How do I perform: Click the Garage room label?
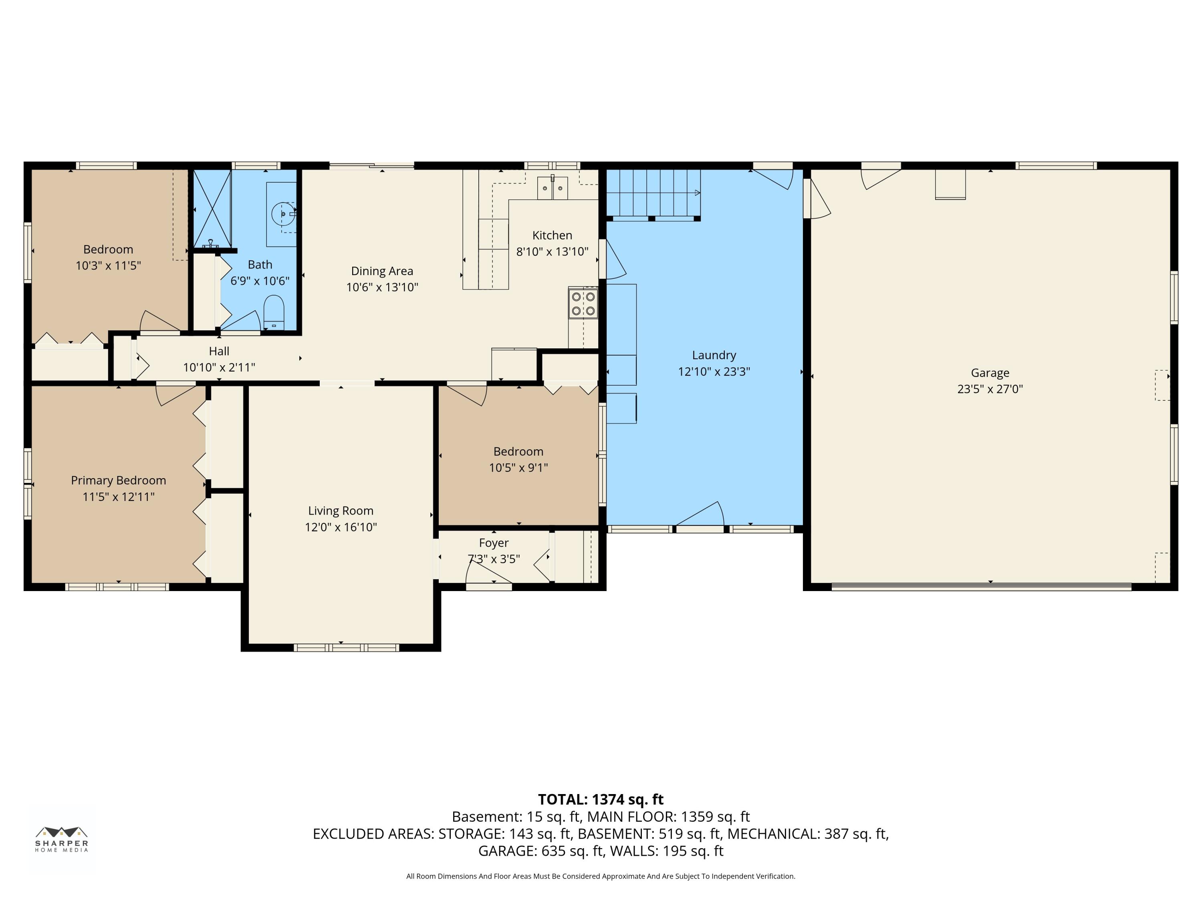(990, 372)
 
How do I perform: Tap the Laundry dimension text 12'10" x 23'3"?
(714, 372)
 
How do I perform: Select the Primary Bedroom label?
(119, 481)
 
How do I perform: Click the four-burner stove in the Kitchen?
(583, 304)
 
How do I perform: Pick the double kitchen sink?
(553, 187)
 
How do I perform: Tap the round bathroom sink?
(284, 214)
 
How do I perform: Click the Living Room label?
(341, 511)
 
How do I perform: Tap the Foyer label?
(494, 543)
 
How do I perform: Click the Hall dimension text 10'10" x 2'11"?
(219, 368)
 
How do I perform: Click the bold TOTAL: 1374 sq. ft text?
(601, 799)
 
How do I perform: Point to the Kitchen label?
(552, 235)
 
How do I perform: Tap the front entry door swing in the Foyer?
(488, 573)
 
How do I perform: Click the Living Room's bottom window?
(346, 648)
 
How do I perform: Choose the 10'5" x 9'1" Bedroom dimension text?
(518, 468)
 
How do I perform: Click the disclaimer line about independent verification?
(601, 876)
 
